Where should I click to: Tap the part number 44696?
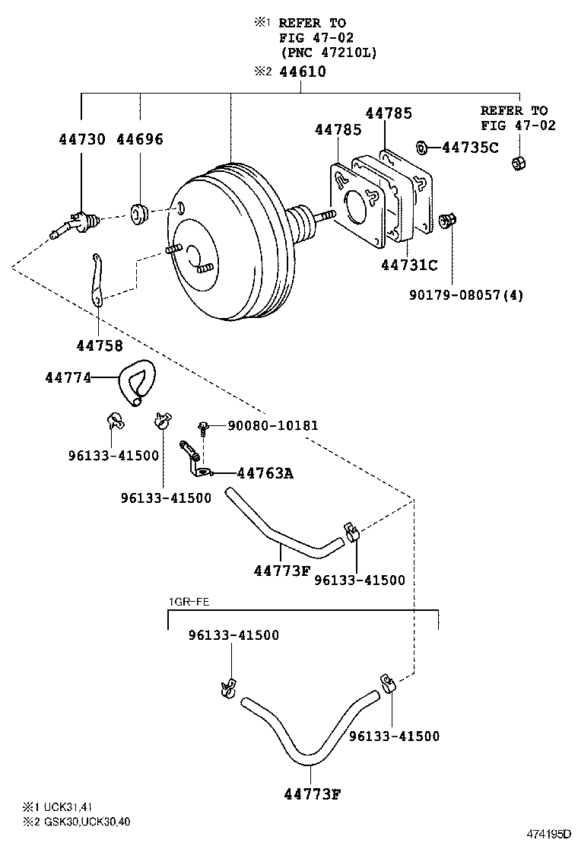140,139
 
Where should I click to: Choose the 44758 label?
99,345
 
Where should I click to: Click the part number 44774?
68,377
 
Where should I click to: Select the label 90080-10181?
273,425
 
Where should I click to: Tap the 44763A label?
265,473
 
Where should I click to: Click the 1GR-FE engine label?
189,602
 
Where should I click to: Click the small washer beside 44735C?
424,146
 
